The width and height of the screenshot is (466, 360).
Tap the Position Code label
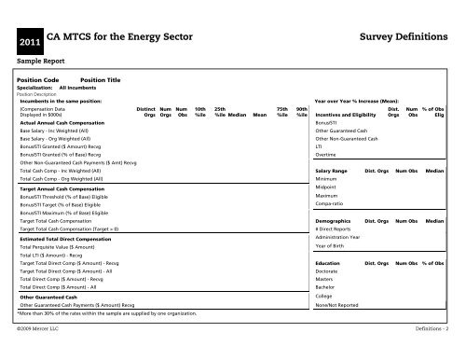point(38,81)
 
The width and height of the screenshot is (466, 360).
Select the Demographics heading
point(334,221)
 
